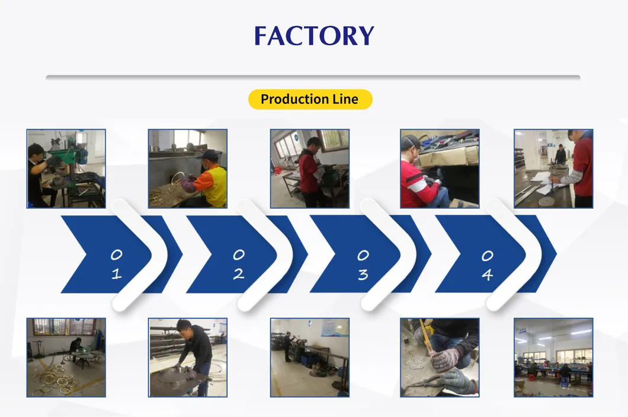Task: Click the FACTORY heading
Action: click(314, 36)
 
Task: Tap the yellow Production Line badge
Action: click(310, 99)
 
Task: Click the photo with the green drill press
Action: click(66, 168)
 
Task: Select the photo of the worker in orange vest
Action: click(187, 168)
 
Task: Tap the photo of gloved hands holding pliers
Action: click(440, 357)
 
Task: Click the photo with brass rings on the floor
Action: click(66, 357)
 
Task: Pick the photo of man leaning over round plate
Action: click(187, 357)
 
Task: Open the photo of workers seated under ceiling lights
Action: click(553, 357)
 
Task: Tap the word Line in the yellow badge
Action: click(345, 99)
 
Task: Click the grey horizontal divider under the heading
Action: click(313, 77)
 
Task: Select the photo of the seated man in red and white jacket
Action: click(440, 168)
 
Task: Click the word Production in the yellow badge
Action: click(294, 99)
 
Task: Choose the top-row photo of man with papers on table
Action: click(553, 168)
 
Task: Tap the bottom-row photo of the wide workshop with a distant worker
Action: click(310, 357)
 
